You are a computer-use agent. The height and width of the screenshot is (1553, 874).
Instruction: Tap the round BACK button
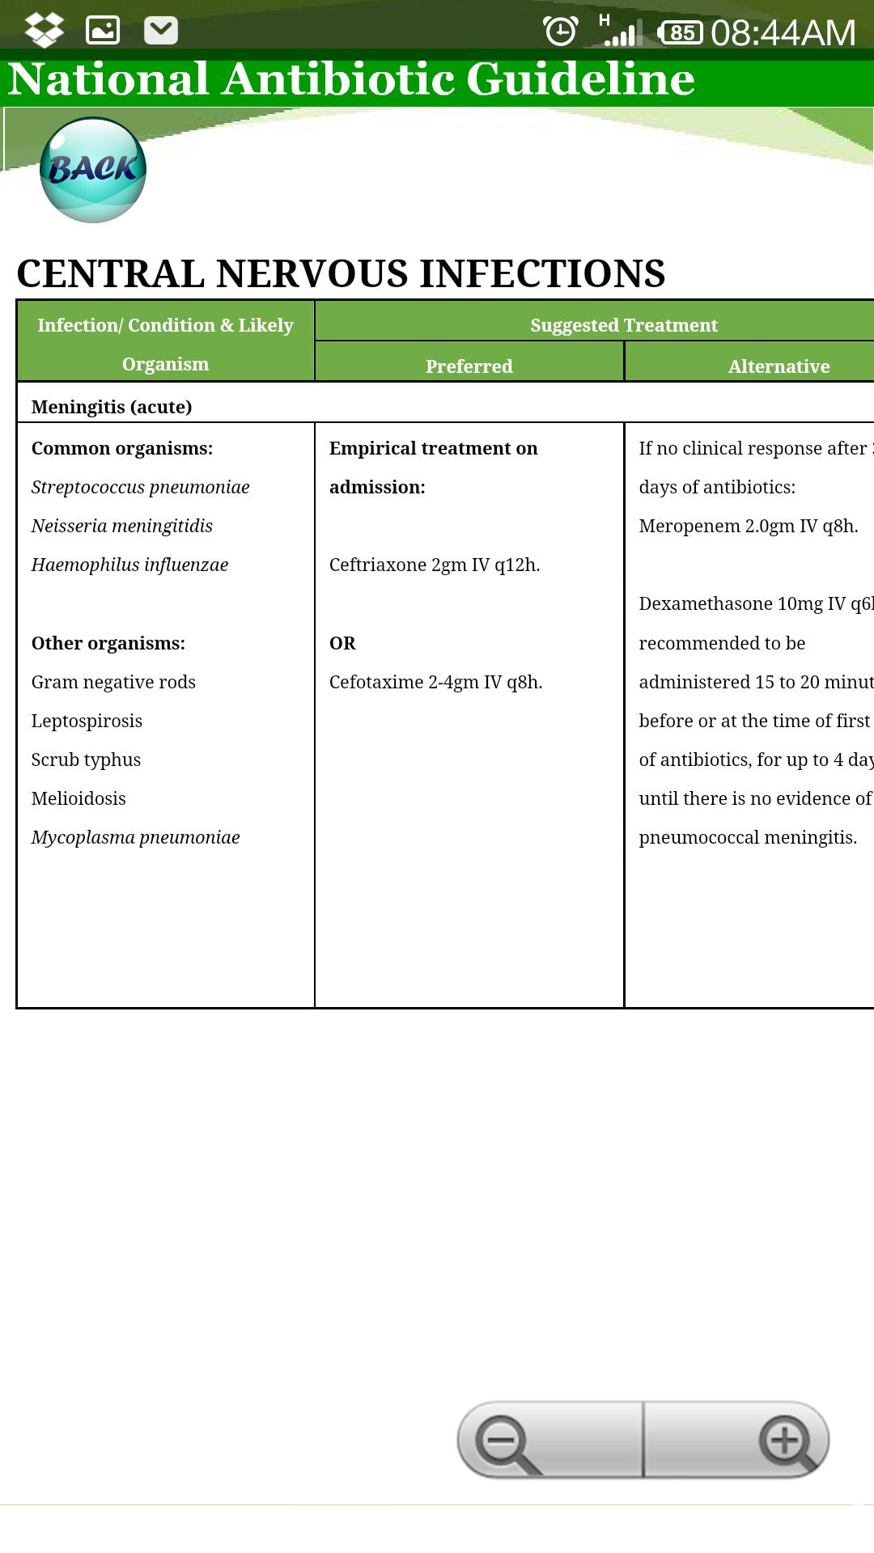pyautogui.click(x=93, y=170)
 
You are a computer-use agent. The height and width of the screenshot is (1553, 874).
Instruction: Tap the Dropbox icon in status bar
pyautogui.click(x=45, y=31)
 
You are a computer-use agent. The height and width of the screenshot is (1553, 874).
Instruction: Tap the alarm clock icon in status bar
pyautogui.click(x=560, y=32)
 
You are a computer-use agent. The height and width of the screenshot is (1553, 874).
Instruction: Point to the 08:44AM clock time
pyautogui.click(x=783, y=33)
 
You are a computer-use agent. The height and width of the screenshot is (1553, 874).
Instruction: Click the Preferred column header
pyautogui.click(x=469, y=366)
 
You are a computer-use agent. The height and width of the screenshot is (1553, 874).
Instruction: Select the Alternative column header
pyautogui.click(x=778, y=366)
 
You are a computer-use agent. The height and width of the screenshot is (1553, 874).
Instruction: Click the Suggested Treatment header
pyautogui.click(x=623, y=325)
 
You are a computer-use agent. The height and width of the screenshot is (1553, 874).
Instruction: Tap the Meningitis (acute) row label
pyautogui.click(x=112, y=407)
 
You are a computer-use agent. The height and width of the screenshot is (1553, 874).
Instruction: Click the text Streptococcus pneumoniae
pyautogui.click(x=140, y=487)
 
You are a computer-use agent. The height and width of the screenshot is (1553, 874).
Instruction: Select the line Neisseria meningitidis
pyautogui.click(x=121, y=526)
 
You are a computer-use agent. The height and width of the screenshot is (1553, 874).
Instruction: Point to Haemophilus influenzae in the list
pyautogui.click(x=129, y=565)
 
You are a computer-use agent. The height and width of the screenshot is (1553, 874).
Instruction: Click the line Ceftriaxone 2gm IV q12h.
pyautogui.click(x=434, y=565)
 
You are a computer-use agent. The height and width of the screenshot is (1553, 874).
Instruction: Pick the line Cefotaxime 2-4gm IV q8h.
pyautogui.click(x=435, y=682)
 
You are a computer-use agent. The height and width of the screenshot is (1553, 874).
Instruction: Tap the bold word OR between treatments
pyautogui.click(x=342, y=643)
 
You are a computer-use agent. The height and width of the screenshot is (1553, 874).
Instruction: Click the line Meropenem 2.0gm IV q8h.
pyautogui.click(x=748, y=526)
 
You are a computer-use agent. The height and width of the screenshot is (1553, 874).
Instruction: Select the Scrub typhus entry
pyautogui.click(x=86, y=760)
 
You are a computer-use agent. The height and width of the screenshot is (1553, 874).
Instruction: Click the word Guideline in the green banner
pyautogui.click(x=580, y=79)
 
